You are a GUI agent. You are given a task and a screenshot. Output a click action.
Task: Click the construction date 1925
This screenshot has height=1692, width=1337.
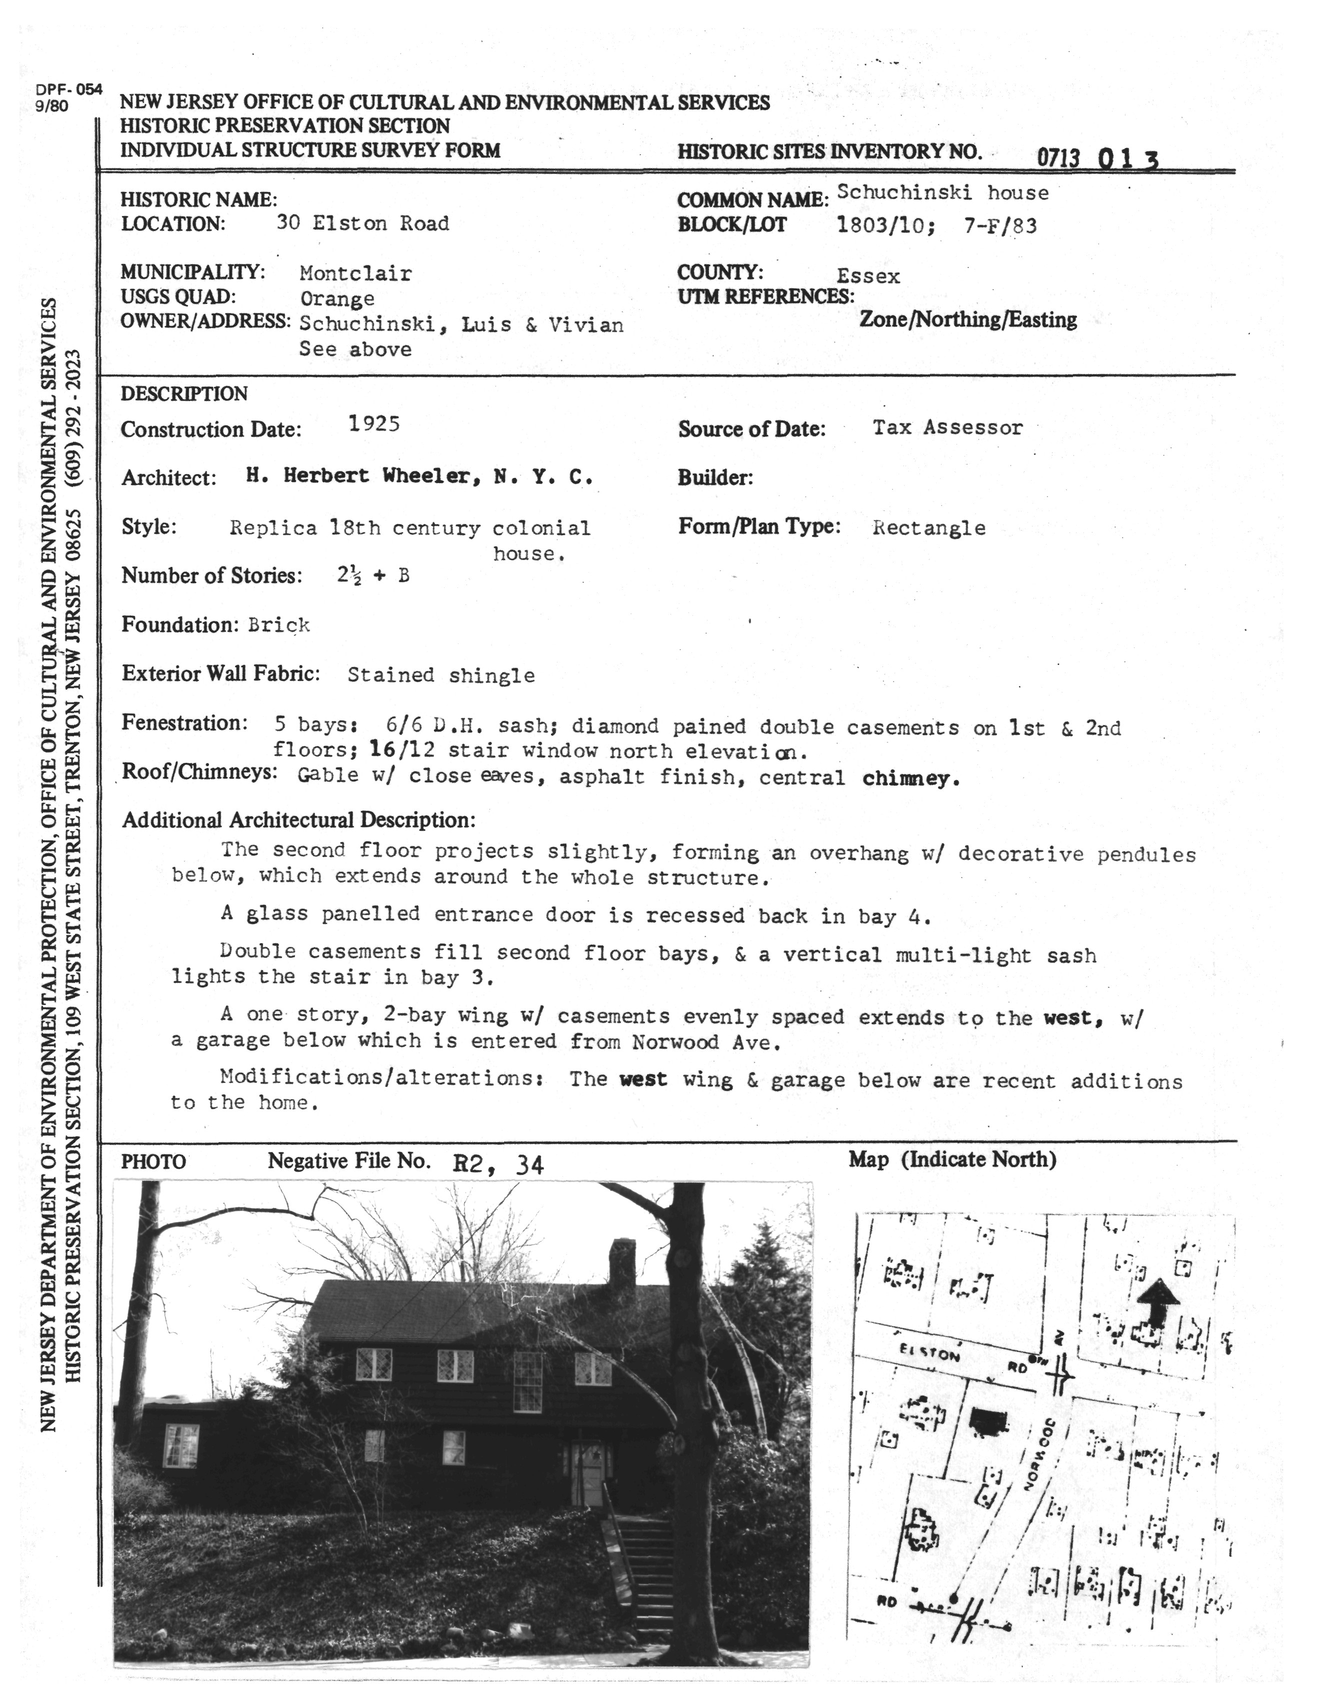[x=374, y=424]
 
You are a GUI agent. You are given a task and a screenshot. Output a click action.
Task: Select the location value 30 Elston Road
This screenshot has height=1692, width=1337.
[x=363, y=224]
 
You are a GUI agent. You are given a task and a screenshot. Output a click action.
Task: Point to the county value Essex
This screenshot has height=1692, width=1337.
[x=868, y=276]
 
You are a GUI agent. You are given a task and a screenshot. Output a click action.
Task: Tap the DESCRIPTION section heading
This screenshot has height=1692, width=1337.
[x=184, y=393]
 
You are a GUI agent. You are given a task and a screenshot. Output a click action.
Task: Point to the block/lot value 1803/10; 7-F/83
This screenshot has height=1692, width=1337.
[x=936, y=226]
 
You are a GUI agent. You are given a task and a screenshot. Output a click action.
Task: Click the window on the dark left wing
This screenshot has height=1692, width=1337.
[x=181, y=1445]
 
